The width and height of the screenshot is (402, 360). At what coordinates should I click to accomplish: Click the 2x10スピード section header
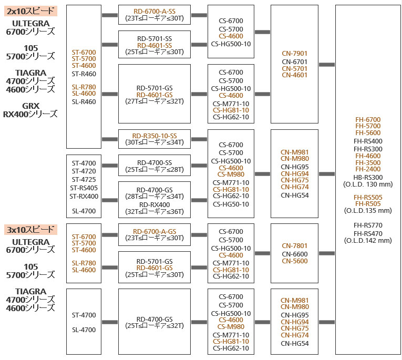pos(30,11)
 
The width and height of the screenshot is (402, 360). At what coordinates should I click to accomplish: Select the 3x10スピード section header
pos(31,230)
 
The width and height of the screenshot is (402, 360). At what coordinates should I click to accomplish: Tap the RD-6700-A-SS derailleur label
pos(154,12)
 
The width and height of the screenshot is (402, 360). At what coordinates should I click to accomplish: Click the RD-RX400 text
pos(154,204)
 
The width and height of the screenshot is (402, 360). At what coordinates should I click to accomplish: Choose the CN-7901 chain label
pos(294,54)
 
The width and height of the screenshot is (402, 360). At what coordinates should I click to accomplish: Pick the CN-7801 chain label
pos(294,246)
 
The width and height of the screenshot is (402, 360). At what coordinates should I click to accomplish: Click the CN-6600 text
pos(294,254)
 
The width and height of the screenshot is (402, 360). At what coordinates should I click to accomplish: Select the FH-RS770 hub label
pos(368,225)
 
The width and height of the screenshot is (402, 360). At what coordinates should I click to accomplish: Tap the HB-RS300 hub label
pos(368,177)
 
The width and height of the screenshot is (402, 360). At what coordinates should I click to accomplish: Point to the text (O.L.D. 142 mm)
pos(368,240)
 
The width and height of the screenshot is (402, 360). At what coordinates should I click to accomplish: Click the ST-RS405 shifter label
pos(84,188)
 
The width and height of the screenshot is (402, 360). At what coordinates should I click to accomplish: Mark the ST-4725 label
pos(84,180)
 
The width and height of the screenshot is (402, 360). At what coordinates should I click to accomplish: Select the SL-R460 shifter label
pos(84,101)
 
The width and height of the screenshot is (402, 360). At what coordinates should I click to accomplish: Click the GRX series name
pos(30,106)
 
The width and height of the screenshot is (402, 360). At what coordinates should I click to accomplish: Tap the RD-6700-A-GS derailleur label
pos(154,231)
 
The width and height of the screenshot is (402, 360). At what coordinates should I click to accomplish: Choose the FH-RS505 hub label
pos(368,197)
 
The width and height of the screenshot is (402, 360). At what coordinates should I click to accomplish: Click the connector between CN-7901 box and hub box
pos(326,65)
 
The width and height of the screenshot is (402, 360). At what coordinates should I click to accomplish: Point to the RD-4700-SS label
pos(154,162)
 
